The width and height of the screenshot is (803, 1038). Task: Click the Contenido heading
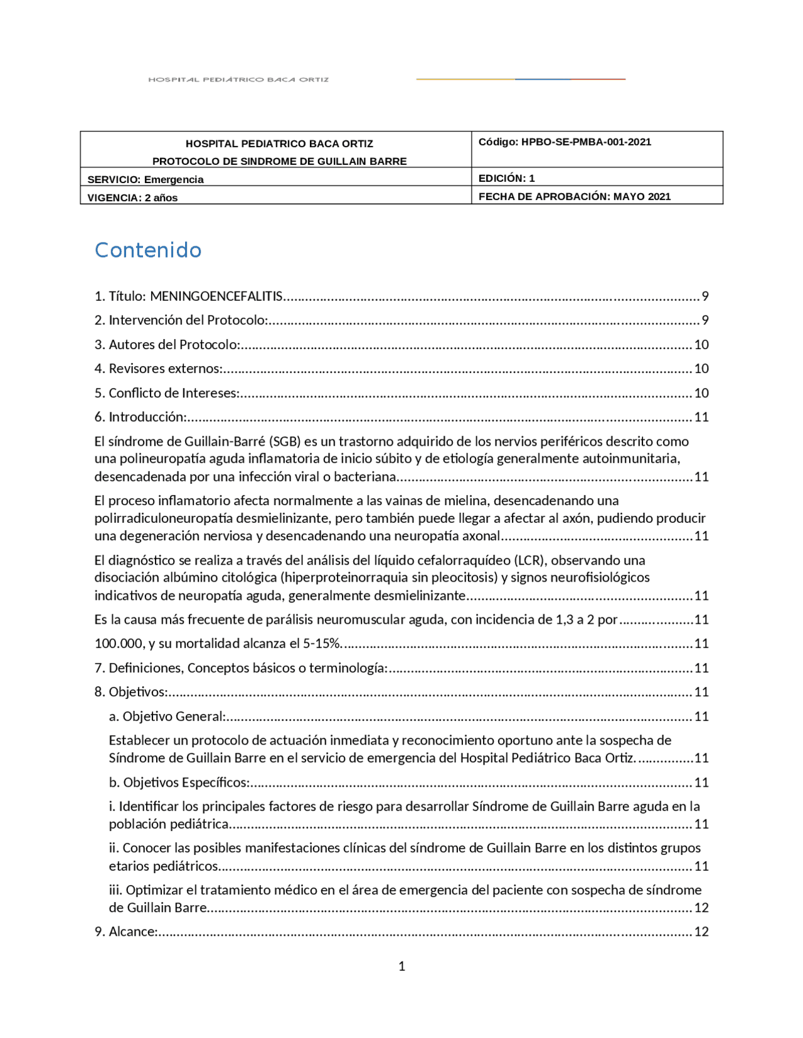[148, 250]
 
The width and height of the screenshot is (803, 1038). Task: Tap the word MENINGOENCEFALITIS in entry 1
[216, 296]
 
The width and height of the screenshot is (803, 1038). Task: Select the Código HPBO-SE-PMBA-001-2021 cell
[565, 142]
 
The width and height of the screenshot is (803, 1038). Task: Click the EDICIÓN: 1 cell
[506, 178]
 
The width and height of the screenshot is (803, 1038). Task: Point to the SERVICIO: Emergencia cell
[146, 179]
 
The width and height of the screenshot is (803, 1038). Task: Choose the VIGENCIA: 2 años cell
[132, 197]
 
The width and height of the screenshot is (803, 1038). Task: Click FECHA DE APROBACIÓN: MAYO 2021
[574, 196]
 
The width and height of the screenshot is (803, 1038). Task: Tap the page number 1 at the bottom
[401, 966]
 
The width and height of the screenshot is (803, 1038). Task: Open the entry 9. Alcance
[133, 931]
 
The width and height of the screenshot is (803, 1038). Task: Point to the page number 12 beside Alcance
[701, 931]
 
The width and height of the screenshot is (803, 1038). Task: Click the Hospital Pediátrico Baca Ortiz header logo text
[238, 80]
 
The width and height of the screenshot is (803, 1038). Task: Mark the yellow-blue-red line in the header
[520, 79]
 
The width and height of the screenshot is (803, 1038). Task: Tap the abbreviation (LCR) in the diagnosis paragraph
[529, 560]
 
